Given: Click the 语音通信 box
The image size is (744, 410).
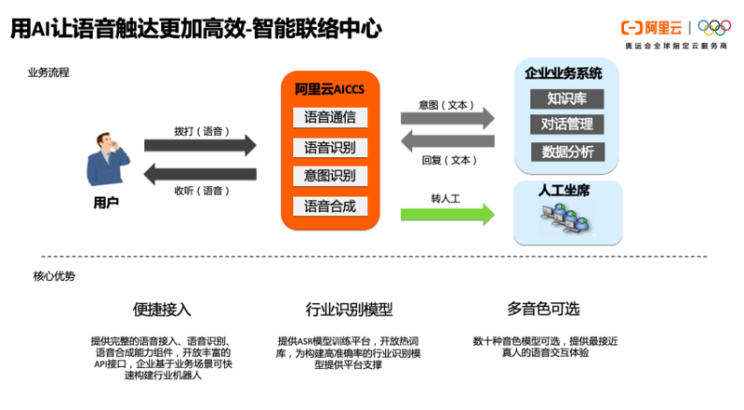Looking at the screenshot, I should click(330, 118).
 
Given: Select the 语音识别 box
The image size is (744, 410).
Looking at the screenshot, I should click(330, 147).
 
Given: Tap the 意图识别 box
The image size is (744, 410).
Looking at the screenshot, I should click(330, 176).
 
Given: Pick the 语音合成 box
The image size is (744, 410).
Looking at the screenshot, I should click(330, 205).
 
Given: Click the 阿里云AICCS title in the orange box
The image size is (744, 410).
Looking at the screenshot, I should click(330, 89).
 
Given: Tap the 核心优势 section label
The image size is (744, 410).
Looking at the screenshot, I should click(54, 276).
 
